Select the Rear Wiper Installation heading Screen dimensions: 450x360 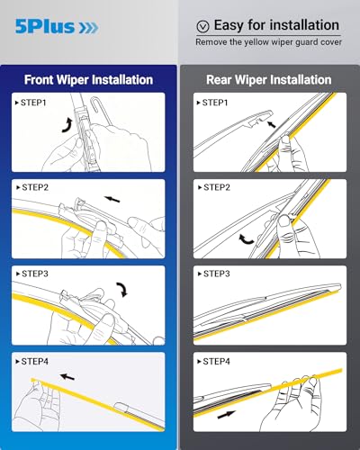tap(269, 78)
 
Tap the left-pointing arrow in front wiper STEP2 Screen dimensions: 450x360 tap(112, 197)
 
